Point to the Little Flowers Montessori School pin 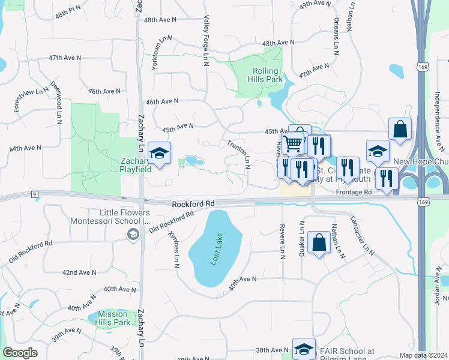(x=131, y=233)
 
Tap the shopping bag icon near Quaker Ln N (x=318, y=243)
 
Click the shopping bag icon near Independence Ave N (x=400, y=129)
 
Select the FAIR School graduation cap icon (x=304, y=349)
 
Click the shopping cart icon (x=293, y=143)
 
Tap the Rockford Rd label (x=193, y=204)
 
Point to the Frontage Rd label (x=354, y=192)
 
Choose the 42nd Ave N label (x=79, y=272)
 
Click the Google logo (x=20, y=353)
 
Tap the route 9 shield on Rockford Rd (x=35, y=193)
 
